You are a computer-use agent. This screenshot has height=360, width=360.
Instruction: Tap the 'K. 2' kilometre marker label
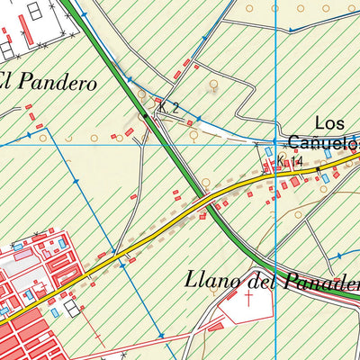pos(168,108)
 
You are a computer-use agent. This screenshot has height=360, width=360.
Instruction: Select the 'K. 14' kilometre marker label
pos(290,162)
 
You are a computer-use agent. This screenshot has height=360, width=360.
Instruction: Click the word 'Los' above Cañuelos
pos(331,123)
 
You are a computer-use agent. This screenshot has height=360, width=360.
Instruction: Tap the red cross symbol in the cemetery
pos(248,300)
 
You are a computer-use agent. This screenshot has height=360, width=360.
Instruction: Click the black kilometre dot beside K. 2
pos(144,115)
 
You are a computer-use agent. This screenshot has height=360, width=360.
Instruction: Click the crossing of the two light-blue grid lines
pos(276,142)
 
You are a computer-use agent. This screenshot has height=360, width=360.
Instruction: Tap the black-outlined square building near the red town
pos(71,308)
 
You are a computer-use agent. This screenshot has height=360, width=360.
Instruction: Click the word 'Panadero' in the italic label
pos(319,282)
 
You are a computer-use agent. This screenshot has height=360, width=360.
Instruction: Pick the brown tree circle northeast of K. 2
pos(213,86)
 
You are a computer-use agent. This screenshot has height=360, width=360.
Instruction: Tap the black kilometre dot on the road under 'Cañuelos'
pos(318,168)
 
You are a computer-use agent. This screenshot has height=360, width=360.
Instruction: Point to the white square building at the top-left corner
pos(35,11)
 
